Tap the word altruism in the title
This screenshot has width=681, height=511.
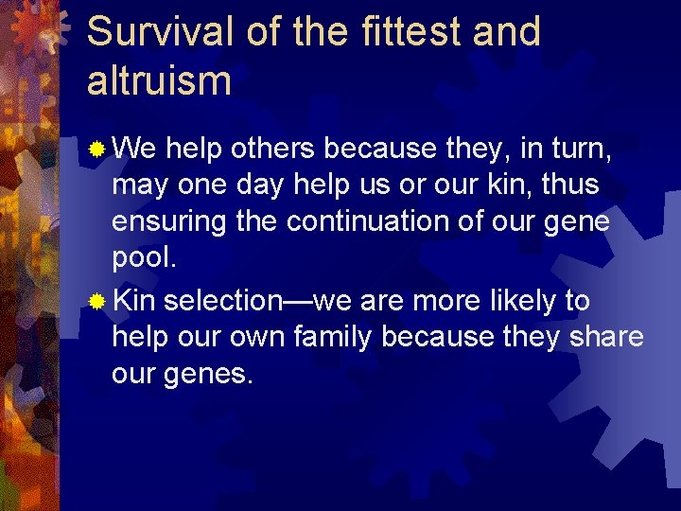(159, 80)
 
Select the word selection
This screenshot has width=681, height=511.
(222, 302)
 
